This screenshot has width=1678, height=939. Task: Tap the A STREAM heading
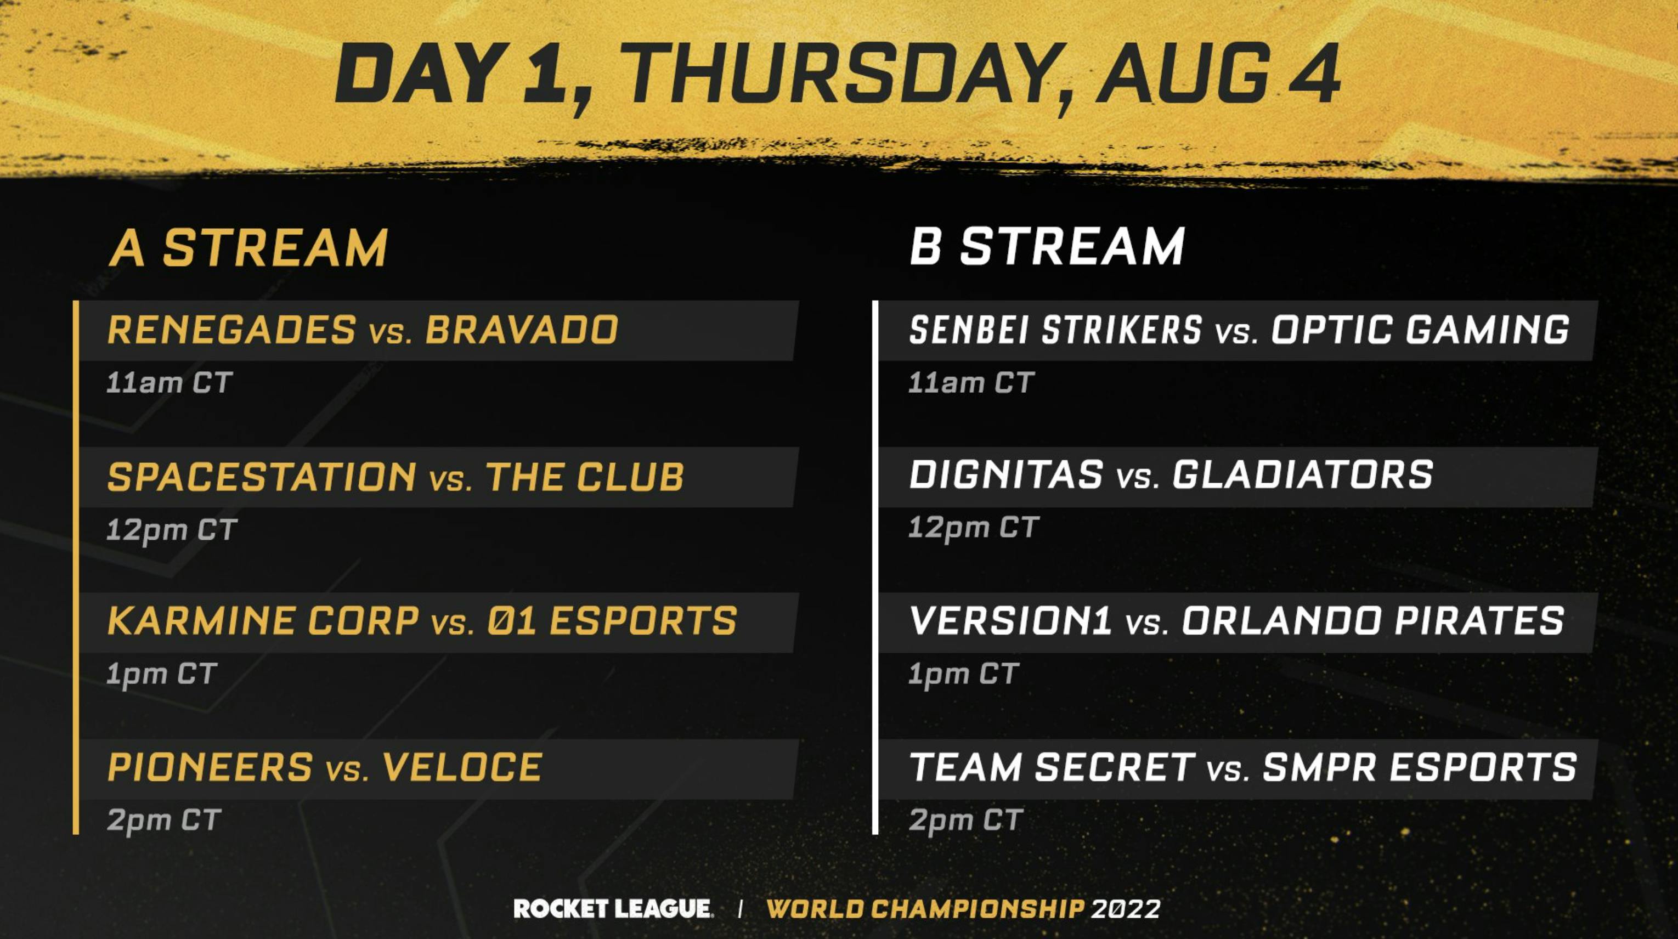click(248, 248)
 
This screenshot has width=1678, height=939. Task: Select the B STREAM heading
click(1047, 246)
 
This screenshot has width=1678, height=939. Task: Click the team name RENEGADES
click(232, 330)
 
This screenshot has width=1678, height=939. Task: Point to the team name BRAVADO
click(521, 330)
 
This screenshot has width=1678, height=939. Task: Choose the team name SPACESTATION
click(262, 477)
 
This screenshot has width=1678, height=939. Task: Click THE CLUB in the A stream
click(584, 477)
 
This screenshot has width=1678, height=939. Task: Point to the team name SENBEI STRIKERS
click(1055, 330)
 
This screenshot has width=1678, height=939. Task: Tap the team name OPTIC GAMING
click(1421, 330)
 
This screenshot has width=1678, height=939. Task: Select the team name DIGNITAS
click(1006, 474)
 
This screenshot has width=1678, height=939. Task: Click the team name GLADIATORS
click(1303, 474)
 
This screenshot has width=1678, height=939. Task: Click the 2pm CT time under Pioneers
click(164, 820)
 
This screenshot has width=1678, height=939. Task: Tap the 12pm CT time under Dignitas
click(973, 528)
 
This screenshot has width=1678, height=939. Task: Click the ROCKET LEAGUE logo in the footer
click(612, 908)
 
